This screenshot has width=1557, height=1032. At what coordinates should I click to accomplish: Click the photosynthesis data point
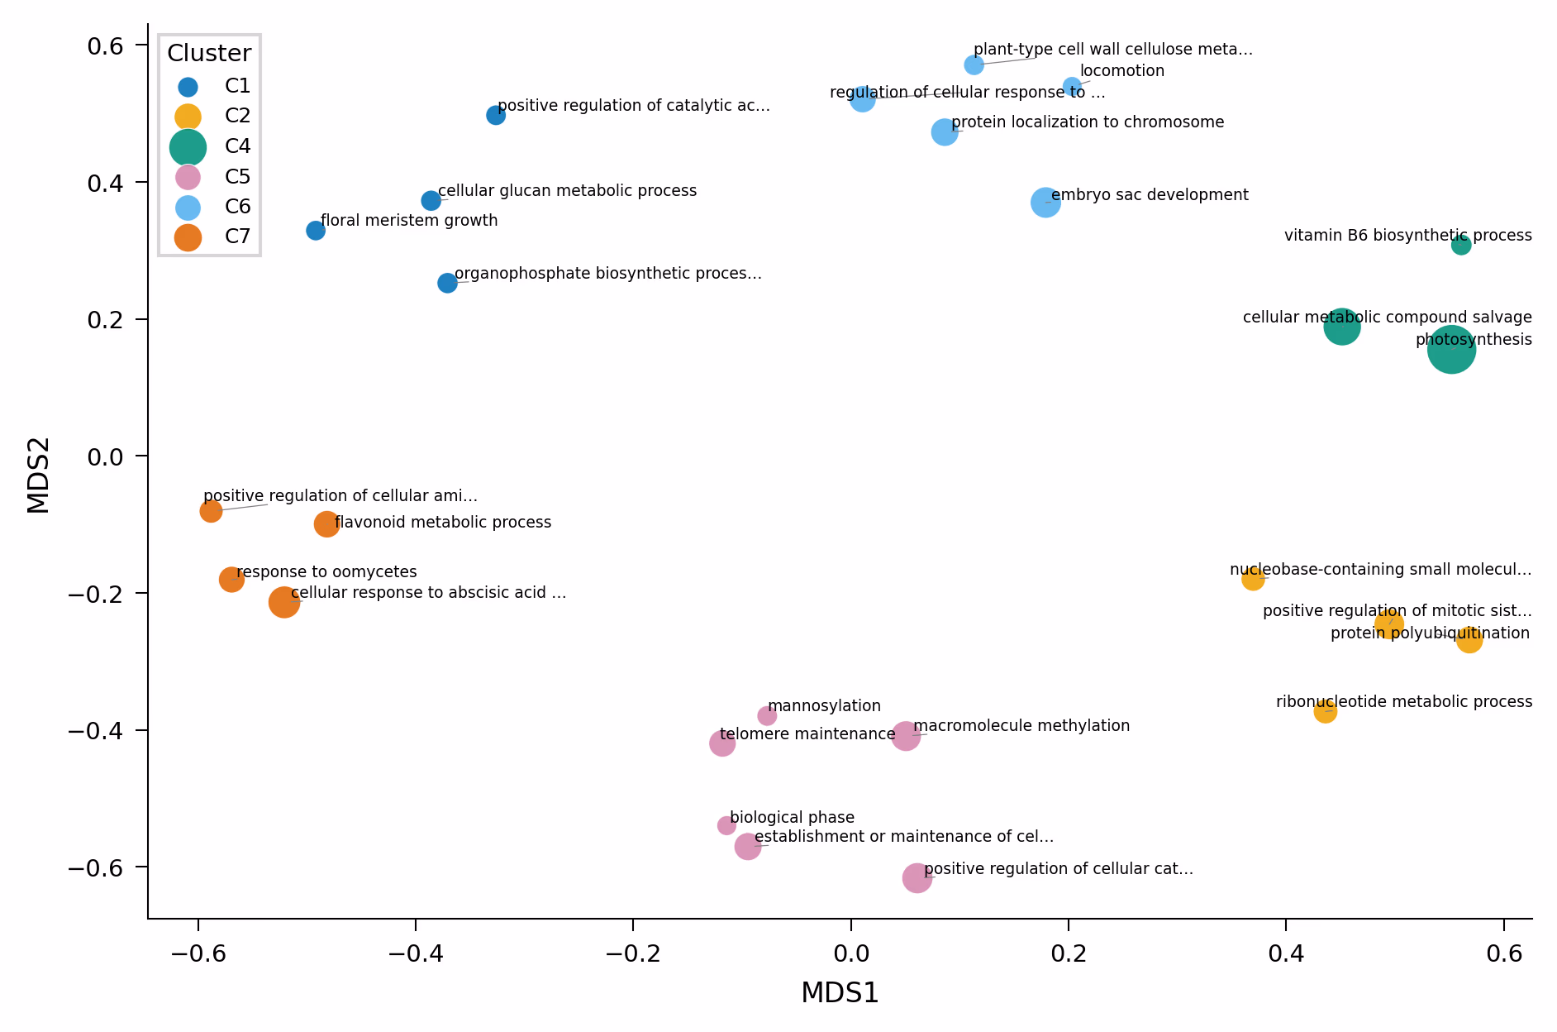click(x=1451, y=351)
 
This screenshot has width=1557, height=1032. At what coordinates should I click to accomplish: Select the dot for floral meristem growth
click(x=316, y=231)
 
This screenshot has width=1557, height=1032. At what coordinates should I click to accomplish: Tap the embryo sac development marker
click(x=1045, y=203)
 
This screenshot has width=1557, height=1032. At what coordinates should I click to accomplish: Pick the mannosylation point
click(x=767, y=716)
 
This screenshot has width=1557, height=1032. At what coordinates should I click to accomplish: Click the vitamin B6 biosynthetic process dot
click(x=1461, y=245)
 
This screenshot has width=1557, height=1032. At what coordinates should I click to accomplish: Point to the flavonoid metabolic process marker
click(x=326, y=523)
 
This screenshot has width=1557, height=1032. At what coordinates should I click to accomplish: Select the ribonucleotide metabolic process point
click(x=1326, y=711)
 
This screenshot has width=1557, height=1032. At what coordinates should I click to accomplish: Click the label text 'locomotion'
click(x=1121, y=71)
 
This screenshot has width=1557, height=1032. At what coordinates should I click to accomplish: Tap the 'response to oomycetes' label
click(x=326, y=572)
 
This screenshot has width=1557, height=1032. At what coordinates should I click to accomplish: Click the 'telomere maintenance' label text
click(x=807, y=734)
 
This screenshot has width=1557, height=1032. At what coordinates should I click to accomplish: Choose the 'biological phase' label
click(x=792, y=818)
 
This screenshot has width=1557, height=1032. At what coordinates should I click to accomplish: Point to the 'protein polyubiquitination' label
click(x=1430, y=633)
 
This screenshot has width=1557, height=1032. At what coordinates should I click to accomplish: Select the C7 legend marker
click(x=188, y=236)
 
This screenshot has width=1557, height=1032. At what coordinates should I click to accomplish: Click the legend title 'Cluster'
click(x=209, y=54)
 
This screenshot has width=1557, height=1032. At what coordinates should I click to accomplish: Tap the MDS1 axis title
click(x=840, y=993)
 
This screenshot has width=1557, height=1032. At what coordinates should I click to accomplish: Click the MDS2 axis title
click(x=39, y=475)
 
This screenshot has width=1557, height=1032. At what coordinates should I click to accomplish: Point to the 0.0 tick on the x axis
click(x=850, y=953)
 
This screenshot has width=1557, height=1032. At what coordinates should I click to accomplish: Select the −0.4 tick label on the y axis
click(x=107, y=731)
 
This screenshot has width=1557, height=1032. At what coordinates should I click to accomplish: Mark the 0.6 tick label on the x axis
click(x=1504, y=953)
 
